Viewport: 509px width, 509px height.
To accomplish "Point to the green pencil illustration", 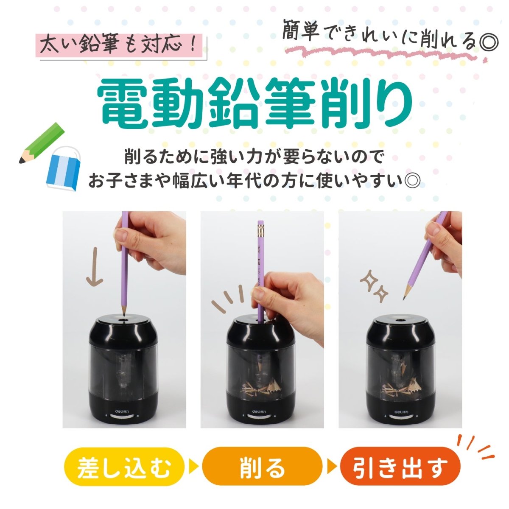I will pos(42,143).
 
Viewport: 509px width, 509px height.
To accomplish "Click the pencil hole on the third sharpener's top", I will pos(400,319).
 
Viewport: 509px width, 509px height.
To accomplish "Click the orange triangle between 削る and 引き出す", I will pos(332,468).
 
